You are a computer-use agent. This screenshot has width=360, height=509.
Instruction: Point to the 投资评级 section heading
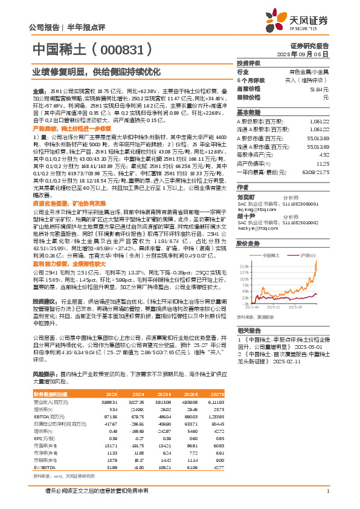point(248,63)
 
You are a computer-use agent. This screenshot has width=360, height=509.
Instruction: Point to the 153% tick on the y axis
point(243,266)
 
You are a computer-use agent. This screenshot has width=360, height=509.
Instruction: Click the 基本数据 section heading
point(248,112)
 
